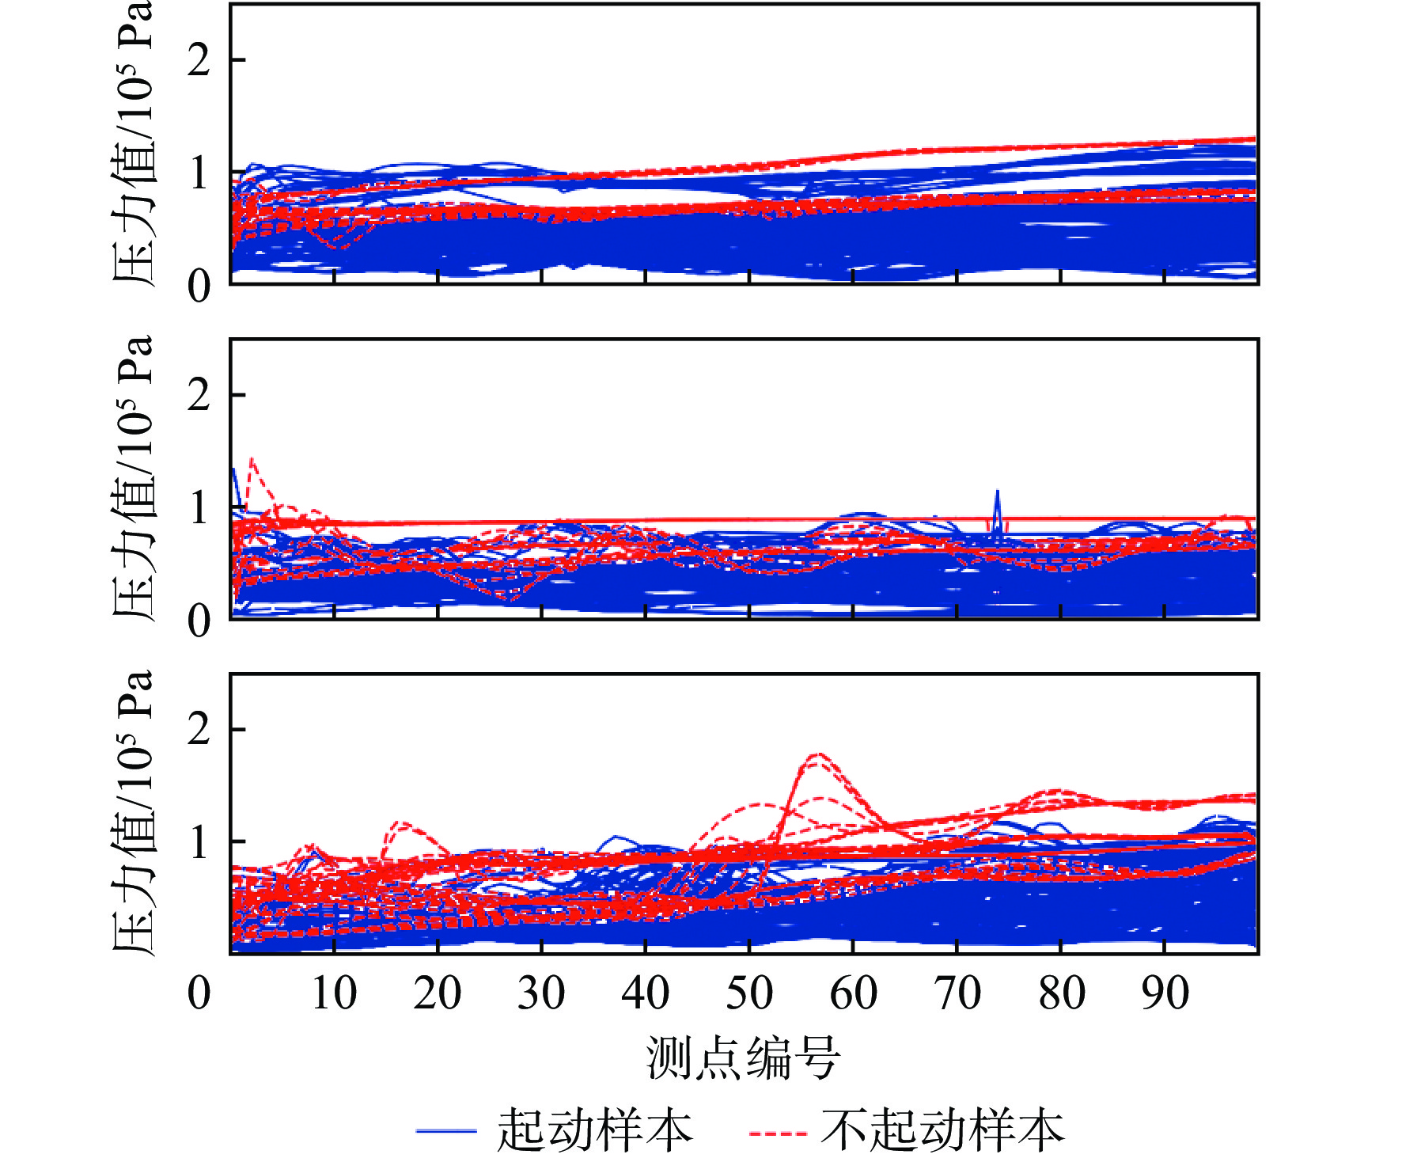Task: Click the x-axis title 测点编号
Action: click(743, 1058)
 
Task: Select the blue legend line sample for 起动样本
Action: click(446, 1131)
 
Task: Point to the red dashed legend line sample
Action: click(778, 1133)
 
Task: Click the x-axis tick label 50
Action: click(749, 993)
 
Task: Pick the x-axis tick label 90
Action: click(1165, 993)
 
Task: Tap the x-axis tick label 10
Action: click(334, 993)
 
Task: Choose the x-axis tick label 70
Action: click(957, 993)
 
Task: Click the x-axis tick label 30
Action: click(541, 993)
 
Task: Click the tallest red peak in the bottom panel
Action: click(818, 755)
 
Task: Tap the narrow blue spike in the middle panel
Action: click(997, 493)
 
